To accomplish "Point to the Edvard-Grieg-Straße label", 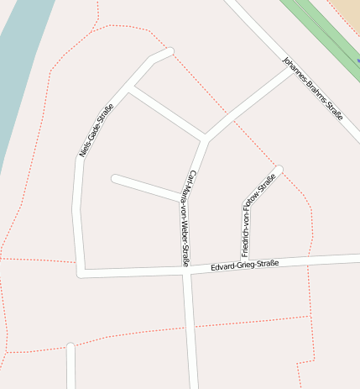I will [x=244, y=265].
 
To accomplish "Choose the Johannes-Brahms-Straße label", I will [x=313, y=89].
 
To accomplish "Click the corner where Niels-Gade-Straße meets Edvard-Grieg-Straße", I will [x=81, y=272].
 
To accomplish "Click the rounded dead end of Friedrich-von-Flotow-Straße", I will [x=278, y=171].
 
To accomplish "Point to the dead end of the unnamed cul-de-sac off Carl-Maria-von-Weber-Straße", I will [x=116, y=178].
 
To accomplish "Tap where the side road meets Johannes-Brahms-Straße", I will [x=293, y=70].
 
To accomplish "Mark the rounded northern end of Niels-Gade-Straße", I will [x=168, y=52].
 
